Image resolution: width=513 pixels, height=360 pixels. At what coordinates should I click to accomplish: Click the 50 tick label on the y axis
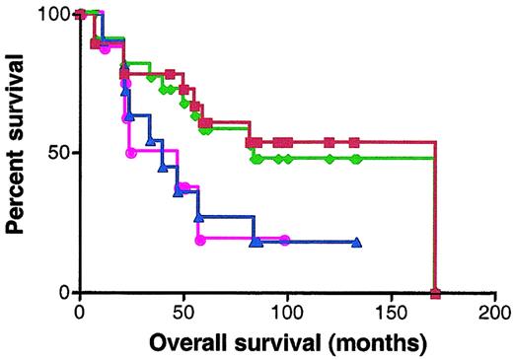(x=60, y=153)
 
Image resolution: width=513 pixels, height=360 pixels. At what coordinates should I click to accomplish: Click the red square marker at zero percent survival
(x=435, y=293)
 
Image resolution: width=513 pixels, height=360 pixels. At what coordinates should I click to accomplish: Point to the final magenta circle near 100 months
(x=285, y=240)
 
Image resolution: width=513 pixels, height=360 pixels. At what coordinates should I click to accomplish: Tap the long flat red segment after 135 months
(x=395, y=142)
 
